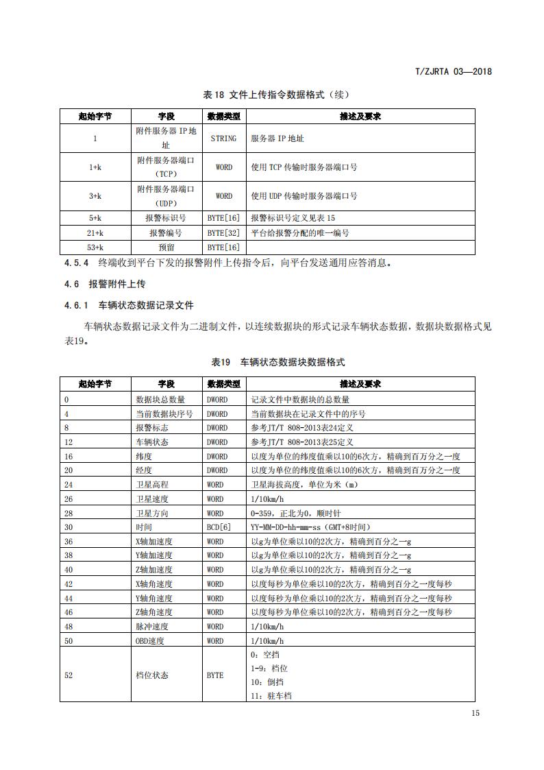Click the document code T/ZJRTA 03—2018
pos(454,71)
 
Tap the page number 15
pos(475,713)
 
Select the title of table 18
pos(271,95)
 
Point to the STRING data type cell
pos(223,139)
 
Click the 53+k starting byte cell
pos(95,248)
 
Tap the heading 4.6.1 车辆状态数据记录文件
pos(129,305)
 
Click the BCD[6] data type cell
pos(219,527)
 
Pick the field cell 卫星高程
pos(151,485)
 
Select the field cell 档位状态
pos(152,675)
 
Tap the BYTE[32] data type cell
pos(223,233)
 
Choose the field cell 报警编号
pos(166,233)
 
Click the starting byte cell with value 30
pos(69,527)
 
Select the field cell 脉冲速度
pos(152,627)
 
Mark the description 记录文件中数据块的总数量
pos(300,400)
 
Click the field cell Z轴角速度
pos(154,612)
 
